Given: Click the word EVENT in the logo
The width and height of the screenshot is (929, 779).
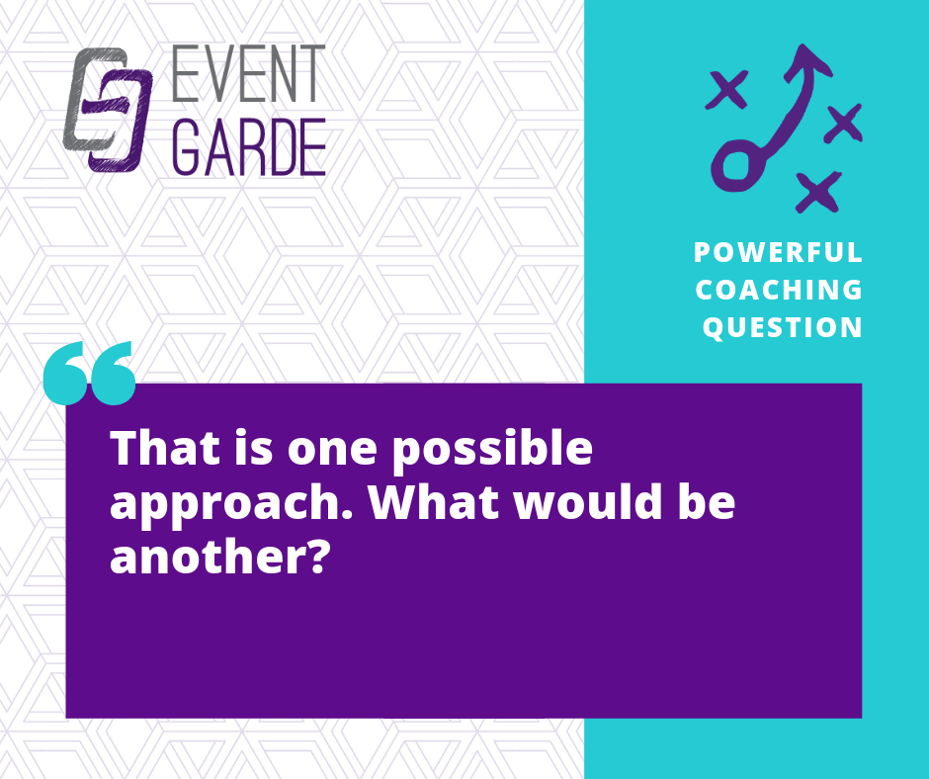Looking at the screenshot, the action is [x=249, y=73].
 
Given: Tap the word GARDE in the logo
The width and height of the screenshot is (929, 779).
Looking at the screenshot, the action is [x=249, y=146].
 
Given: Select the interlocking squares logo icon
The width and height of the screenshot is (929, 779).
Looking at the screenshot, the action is [x=108, y=110].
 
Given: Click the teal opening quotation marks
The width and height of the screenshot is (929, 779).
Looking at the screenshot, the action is [x=90, y=373].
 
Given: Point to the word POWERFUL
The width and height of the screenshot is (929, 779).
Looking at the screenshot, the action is [x=778, y=252].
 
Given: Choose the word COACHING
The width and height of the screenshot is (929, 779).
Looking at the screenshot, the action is [x=779, y=290].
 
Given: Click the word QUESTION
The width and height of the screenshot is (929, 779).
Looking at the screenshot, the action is [x=782, y=328].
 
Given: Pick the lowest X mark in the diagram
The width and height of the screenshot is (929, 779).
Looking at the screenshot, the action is [x=818, y=192].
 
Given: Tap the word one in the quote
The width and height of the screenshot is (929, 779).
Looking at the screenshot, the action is [x=332, y=453].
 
